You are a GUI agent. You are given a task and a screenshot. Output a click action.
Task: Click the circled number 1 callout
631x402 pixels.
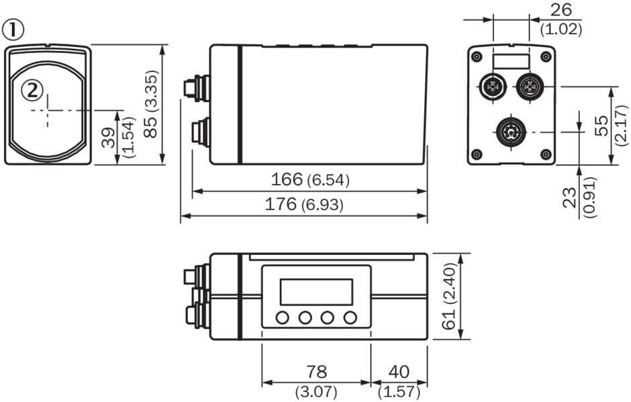tap(13, 30)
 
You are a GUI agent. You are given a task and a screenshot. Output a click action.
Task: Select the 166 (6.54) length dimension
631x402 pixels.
tap(310, 180)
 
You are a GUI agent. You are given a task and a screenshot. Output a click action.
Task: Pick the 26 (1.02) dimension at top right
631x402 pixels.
tap(561, 19)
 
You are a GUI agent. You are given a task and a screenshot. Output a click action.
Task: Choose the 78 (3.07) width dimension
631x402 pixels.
tap(315, 379)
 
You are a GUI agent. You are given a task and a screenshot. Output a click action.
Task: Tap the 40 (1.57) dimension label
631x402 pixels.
tap(399, 379)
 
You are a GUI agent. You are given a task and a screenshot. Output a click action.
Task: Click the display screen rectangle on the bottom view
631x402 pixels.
tap(315, 291)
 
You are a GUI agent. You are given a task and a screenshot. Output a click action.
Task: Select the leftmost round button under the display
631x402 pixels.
tap(283, 317)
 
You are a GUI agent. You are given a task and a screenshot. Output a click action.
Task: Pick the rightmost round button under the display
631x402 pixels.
tap(349, 317)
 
